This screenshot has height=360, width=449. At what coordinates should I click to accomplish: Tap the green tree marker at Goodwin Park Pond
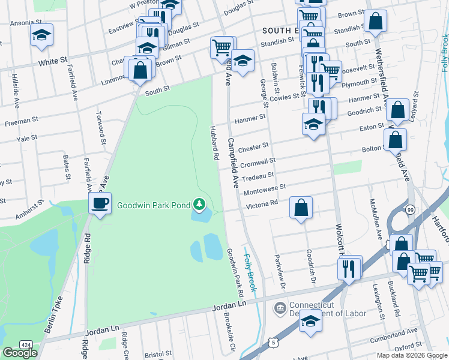point(200,205)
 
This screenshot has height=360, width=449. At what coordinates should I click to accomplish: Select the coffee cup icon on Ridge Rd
point(100,203)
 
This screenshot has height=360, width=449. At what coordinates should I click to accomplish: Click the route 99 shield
point(410,209)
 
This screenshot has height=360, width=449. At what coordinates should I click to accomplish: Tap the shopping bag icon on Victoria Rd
point(301,208)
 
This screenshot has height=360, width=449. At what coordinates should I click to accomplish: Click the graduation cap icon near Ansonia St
point(41,35)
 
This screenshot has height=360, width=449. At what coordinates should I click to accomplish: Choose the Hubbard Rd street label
point(214,143)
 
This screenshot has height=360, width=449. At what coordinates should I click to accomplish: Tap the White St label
point(52,61)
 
